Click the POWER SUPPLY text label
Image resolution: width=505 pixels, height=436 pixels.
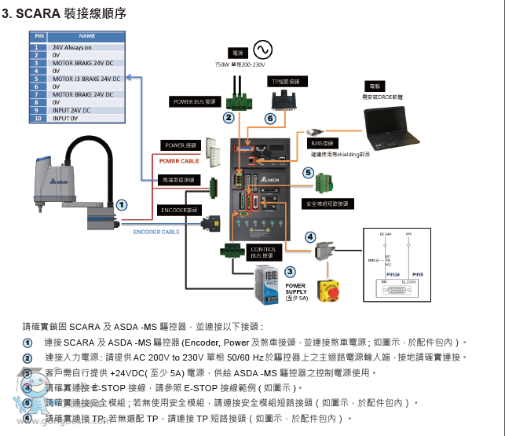tap(296, 289)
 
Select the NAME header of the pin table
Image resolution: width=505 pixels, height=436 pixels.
tap(86, 36)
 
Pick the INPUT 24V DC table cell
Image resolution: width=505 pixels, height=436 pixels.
tap(71, 111)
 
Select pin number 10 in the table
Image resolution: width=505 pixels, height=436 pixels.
tap(36, 119)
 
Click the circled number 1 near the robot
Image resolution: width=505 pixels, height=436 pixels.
tap(122, 204)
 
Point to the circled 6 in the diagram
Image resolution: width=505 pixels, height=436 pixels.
tap(270, 119)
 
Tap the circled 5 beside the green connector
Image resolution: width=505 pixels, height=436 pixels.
tap(309, 172)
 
